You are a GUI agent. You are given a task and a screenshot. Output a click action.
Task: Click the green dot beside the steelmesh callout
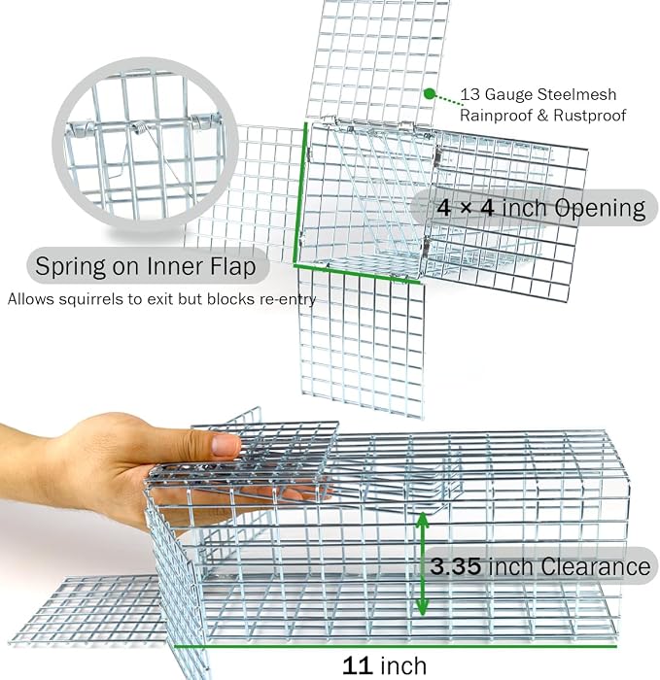pos(430,93)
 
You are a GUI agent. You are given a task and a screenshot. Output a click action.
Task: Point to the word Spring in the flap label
pos(70,266)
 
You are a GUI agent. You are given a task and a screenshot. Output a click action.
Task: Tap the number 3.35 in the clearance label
pos(456,566)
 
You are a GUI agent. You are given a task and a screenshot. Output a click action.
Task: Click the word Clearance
pos(595,566)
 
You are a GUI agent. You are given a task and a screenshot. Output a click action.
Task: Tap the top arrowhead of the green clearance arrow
pos(422,520)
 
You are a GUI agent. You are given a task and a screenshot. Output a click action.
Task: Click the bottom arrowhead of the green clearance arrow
pos(422,607)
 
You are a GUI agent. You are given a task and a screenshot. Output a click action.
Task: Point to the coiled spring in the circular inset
pos(139,126)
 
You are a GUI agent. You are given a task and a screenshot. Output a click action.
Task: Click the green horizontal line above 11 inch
pos(396,646)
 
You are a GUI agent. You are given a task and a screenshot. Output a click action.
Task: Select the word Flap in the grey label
pos(233,266)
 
